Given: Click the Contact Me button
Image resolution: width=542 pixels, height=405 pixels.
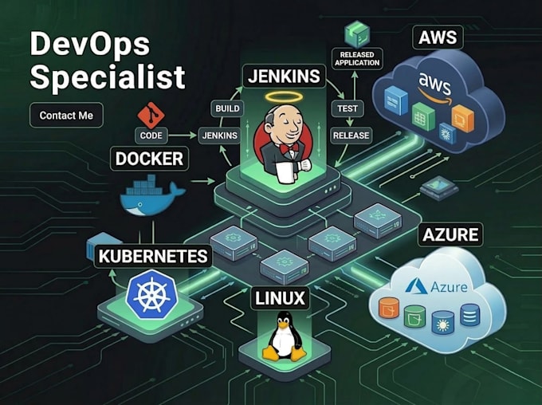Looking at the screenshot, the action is tap(66, 115).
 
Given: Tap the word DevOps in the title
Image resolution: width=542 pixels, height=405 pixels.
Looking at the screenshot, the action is tap(90, 44).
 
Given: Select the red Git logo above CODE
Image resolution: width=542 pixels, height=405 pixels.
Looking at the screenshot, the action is tap(151, 115).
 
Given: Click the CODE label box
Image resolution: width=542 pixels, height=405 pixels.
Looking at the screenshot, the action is tap(151, 136).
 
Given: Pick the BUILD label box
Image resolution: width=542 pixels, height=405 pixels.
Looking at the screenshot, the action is tap(227, 108).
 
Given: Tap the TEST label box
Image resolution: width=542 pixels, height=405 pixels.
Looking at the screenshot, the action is tap(348, 108).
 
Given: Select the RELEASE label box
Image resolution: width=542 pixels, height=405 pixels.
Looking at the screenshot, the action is tap(351, 136).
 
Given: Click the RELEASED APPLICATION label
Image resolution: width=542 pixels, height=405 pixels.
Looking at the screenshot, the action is tap(357, 59).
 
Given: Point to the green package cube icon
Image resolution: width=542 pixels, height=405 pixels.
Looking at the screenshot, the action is tap(357, 33).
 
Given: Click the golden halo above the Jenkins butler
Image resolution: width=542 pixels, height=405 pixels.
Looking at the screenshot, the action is tap(284, 97).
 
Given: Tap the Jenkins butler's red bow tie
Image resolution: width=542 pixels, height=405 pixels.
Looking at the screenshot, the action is tap(289, 148).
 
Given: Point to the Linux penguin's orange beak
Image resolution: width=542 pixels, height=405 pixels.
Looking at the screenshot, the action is tap(284, 325).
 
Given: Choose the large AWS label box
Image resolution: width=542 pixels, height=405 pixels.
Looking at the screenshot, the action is tap(438, 37).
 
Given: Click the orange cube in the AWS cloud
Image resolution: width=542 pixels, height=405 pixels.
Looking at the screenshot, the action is tap(462, 118).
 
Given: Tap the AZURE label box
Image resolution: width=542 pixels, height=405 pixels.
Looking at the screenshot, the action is tap(450, 234).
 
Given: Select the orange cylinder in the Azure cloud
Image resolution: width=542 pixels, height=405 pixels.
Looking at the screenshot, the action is tap(389, 307).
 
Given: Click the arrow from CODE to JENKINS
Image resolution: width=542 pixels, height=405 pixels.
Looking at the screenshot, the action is tap(183, 136).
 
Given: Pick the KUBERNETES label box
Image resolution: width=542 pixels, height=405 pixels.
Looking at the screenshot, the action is tap(153, 256).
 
